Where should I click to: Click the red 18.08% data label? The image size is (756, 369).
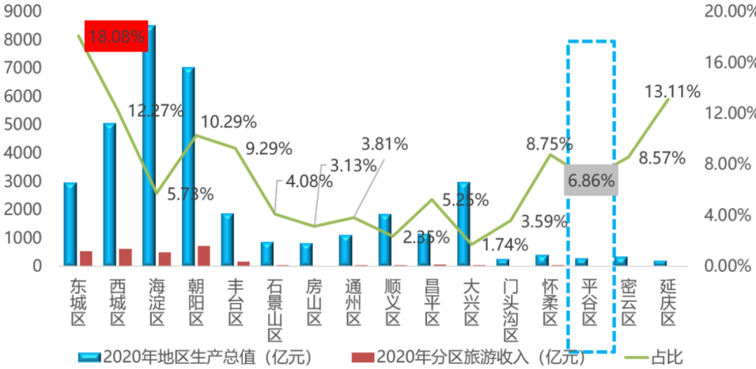[116, 36]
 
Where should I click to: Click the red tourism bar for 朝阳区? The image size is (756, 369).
[204, 256]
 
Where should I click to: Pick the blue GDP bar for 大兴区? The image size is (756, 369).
[463, 223]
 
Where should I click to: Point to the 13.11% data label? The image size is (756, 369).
[673, 92]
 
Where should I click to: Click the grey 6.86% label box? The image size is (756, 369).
[591, 181]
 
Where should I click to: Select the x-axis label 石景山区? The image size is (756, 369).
[274, 304]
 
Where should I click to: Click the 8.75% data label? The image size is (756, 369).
[549, 144]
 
